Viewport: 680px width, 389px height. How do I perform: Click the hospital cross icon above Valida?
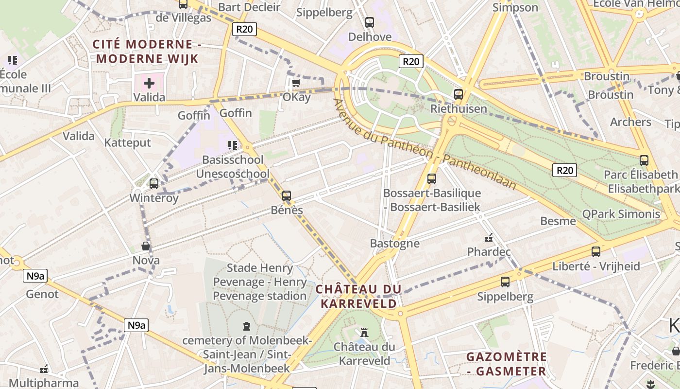click(149, 83)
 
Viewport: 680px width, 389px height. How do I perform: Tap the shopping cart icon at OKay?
click(296, 83)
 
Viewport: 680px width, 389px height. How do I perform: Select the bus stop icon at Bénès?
click(287, 196)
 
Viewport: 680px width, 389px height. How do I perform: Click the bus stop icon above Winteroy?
click(154, 183)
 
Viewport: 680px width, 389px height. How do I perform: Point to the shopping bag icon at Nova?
click(145, 246)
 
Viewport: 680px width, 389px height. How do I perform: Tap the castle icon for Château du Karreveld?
click(364, 333)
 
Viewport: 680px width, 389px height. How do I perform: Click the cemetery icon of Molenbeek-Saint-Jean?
click(247, 326)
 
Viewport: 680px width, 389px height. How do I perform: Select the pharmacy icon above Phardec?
click(489, 238)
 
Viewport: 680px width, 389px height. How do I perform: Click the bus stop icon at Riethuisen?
click(458, 94)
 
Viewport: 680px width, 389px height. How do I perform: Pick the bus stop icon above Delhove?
click(370, 22)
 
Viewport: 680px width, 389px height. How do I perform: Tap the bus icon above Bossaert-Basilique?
click(432, 178)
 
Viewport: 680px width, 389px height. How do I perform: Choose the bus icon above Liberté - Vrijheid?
click(596, 251)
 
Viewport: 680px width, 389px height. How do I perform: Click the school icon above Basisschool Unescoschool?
click(233, 145)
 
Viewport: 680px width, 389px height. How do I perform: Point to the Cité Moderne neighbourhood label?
click(147, 52)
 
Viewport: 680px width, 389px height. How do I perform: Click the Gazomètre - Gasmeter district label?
click(507, 364)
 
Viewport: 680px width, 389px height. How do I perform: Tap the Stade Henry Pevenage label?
click(260, 282)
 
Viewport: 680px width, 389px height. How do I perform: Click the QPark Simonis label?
click(621, 214)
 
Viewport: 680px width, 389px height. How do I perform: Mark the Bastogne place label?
click(394, 243)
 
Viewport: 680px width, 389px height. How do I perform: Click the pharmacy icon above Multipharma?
click(44, 369)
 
